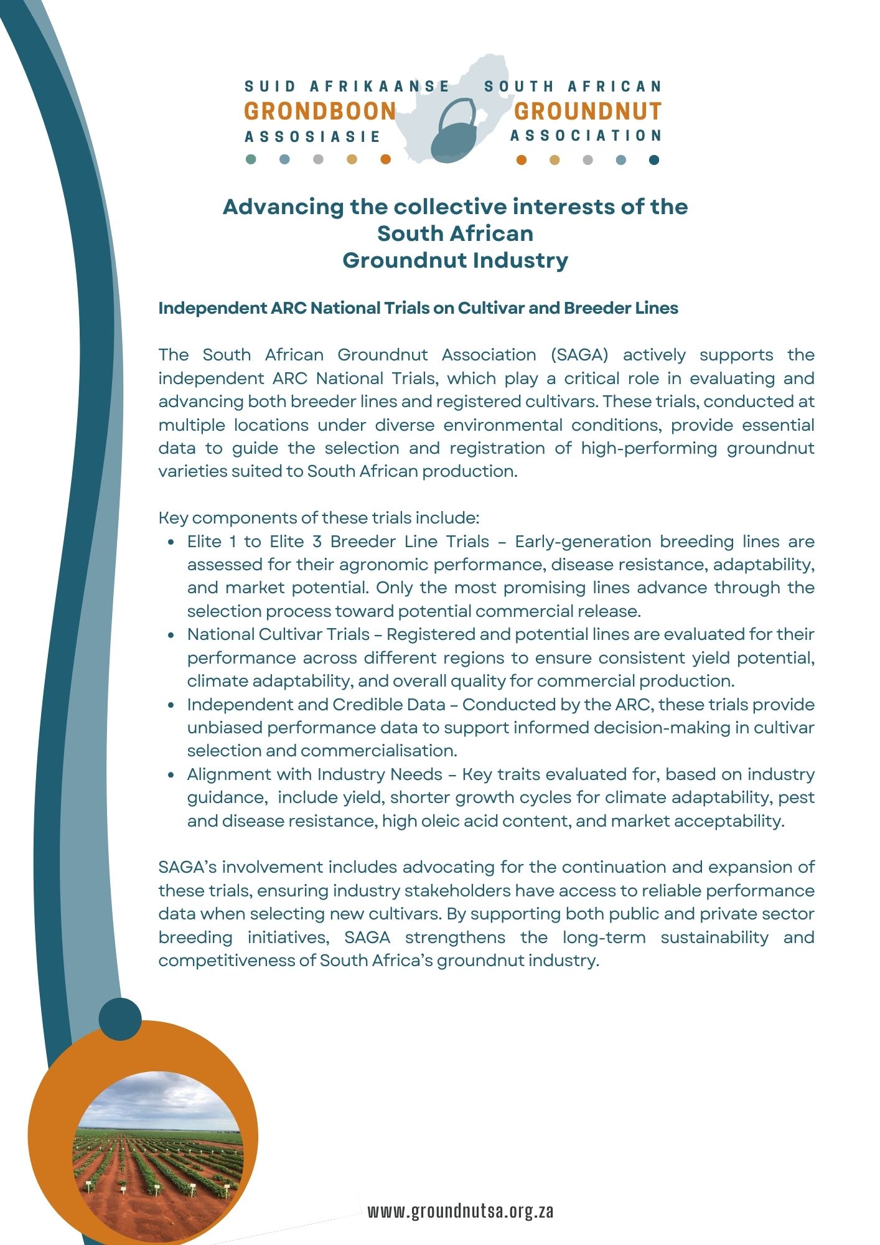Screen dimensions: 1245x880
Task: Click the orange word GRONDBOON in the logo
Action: (x=320, y=111)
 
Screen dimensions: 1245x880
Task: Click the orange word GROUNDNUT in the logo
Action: (x=587, y=111)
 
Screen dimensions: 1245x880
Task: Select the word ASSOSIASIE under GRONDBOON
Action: (x=312, y=136)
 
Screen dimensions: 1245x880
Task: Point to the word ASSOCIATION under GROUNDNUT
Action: (x=586, y=136)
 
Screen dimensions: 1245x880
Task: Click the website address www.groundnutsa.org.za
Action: (x=460, y=1211)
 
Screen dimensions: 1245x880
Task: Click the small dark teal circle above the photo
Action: (x=120, y=1019)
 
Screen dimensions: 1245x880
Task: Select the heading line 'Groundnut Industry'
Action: (x=455, y=260)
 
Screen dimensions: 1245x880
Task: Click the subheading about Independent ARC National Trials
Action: (x=418, y=308)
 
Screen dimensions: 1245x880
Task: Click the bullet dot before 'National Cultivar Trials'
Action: (x=172, y=635)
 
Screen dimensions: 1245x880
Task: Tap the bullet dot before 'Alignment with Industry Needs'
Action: (x=172, y=775)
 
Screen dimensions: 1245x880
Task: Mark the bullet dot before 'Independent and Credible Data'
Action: (x=172, y=705)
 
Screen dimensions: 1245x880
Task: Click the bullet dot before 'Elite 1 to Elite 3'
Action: (x=172, y=542)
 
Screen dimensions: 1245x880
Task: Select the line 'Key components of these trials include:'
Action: (x=319, y=518)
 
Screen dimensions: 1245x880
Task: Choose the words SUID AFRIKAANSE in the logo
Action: (x=347, y=86)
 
